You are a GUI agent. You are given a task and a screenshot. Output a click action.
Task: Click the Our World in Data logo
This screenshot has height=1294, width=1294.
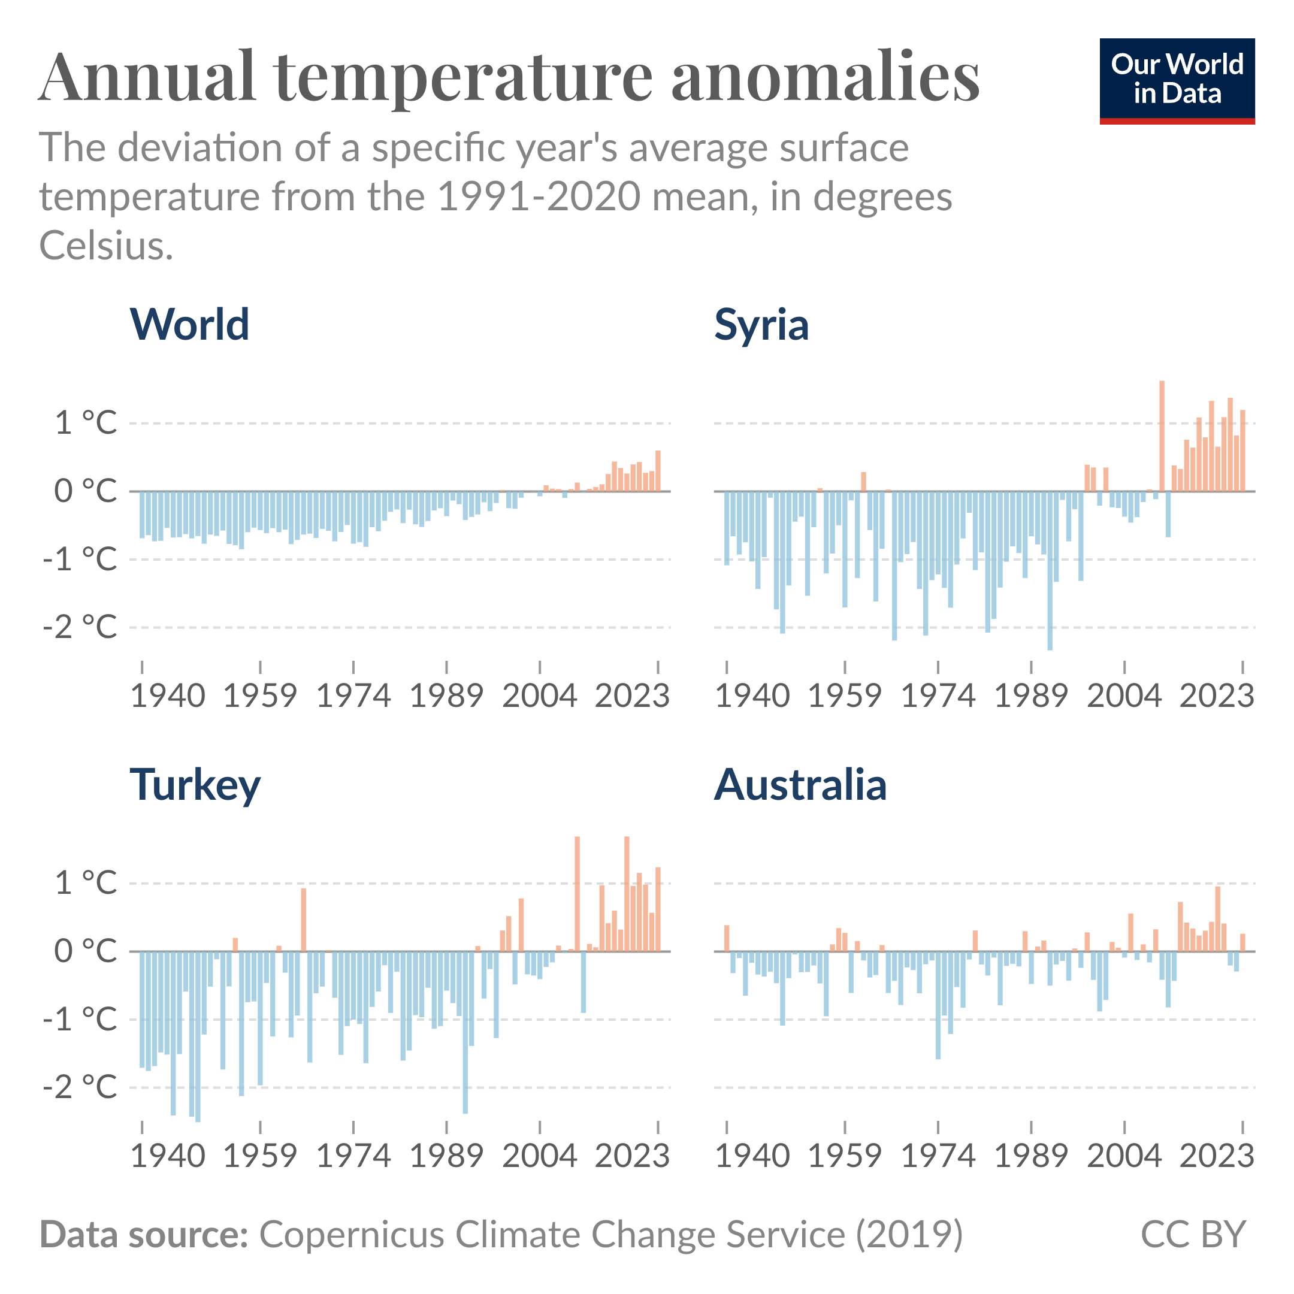pyautogui.click(x=1177, y=80)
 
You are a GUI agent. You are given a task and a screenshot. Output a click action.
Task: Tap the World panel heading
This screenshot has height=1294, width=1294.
pyautogui.click(x=189, y=325)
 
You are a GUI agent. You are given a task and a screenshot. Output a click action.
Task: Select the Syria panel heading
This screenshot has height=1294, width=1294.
pyautogui.click(x=761, y=325)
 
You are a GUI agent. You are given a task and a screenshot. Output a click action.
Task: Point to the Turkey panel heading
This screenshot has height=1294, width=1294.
pyautogui.click(x=195, y=784)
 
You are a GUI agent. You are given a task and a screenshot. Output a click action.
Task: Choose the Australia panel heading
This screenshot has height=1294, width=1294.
pyautogui.click(x=800, y=784)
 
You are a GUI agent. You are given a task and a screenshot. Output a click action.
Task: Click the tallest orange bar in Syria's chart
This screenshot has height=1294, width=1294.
pyautogui.click(x=1162, y=436)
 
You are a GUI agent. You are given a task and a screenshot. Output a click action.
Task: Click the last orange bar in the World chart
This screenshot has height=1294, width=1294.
pyautogui.click(x=658, y=471)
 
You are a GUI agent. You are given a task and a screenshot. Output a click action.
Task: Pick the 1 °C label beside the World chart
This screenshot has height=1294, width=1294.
pyautogui.click(x=86, y=424)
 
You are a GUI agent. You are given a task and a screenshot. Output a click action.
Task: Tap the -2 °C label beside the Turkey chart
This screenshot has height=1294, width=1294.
pyautogui.click(x=80, y=1087)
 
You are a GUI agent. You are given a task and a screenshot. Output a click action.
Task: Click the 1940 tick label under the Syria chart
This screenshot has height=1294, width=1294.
pyautogui.click(x=752, y=696)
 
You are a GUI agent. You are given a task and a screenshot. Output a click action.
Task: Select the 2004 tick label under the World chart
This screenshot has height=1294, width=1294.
pyautogui.click(x=540, y=696)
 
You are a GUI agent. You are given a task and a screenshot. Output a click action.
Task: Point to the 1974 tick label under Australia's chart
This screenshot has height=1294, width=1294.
pyautogui.click(x=938, y=1156)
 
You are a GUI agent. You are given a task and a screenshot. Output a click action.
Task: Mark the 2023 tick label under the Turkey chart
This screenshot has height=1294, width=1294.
pyautogui.click(x=632, y=1156)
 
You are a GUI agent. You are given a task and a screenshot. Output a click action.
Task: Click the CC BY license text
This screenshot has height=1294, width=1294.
pyautogui.click(x=1193, y=1234)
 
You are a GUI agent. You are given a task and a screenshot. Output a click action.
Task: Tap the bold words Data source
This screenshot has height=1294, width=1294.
pyautogui.click(x=144, y=1234)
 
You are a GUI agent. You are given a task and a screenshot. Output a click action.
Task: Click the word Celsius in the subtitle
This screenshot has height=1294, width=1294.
pyautogui.click(x=106, y=246)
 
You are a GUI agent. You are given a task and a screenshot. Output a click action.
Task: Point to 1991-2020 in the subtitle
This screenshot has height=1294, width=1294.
pyautogui.click(x=540, y=197)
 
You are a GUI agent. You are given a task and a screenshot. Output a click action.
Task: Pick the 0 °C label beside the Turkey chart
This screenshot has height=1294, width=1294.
pyautogui.click(x=86, y=951)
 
